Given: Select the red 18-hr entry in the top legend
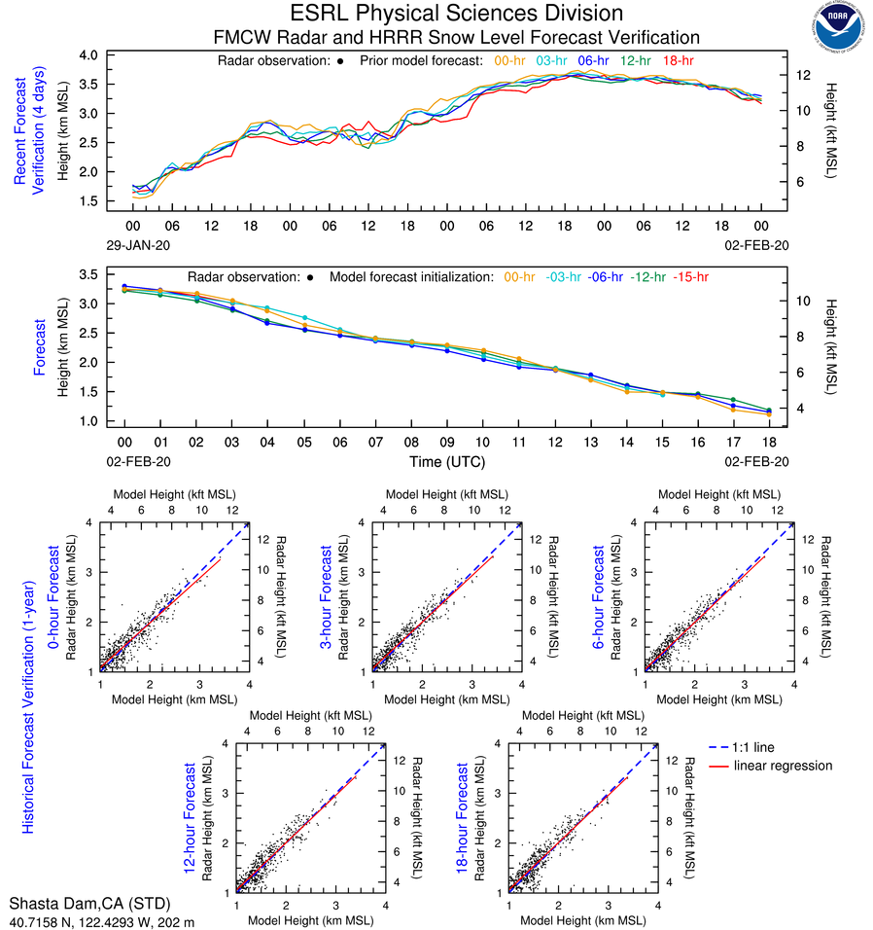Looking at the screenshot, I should point(677,60).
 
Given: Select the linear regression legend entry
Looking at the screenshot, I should point(783,766).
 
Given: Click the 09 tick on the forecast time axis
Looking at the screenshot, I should point(447,441).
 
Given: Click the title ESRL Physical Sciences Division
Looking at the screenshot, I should point(456,14).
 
